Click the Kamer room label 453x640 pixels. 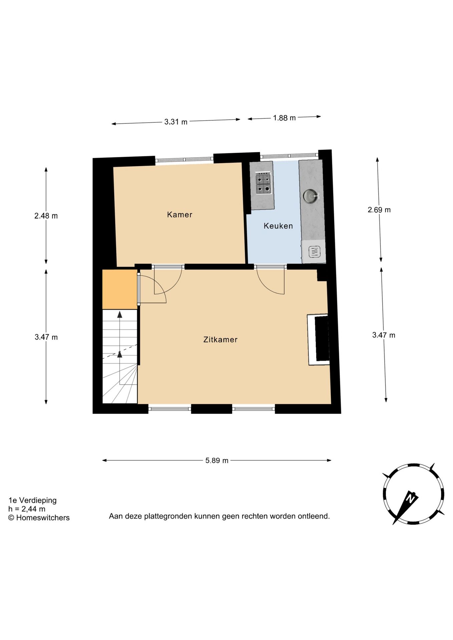click(179, 215)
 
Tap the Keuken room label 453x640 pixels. click(278, 226)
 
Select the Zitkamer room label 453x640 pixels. click(220, 340)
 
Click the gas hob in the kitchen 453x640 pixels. click(263, 183)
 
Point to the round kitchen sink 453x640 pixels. click(310, 196)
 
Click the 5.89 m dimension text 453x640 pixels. click(217, 460)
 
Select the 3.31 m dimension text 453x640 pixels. click(176, 122)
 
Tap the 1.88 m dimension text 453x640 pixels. click(284, 118)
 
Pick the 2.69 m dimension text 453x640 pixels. click(379, 210)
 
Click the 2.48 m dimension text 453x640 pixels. click(46, 216)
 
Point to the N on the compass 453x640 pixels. click(410, 499)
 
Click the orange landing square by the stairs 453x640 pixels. click(119, 289)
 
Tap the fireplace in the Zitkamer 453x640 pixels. click(319, 340)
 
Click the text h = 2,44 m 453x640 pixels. click(27, 509)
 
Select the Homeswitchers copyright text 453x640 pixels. click(39, 518)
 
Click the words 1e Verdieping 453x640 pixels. click(33, 500)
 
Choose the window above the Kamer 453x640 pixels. click(184, 160)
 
